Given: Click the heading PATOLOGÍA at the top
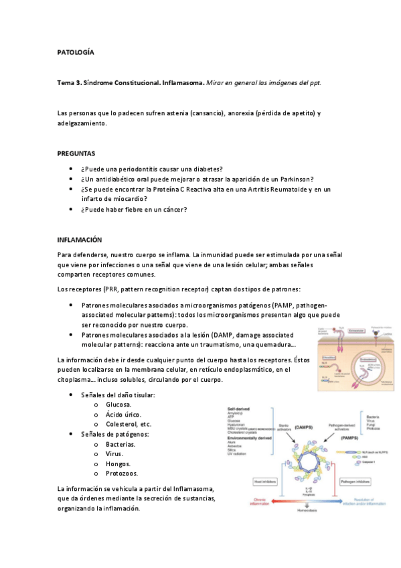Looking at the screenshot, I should [76, 52].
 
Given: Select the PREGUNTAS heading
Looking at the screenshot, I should [76, 153].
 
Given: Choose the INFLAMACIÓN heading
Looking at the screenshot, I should [79, 239].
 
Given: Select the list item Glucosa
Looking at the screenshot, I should [118, 405].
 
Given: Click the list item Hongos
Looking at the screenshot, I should [119, 463].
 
